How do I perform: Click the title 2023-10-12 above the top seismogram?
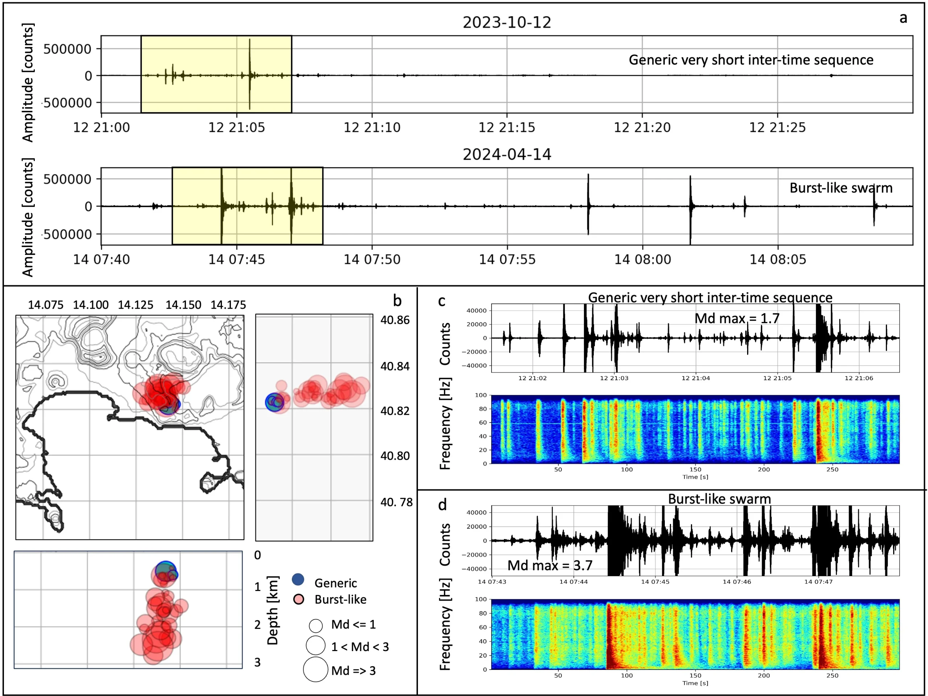pyautogui.click(x=506, y=22)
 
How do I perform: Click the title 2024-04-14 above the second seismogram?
pyautogui.click(x=506, y=154)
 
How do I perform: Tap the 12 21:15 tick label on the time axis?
pyautogui.click(x=507, y=127)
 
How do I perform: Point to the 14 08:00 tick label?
pyautogui.click(x=642, y=259)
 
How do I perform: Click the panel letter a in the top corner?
pyautogui.click(x=903, y=18)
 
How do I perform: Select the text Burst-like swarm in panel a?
pyautogui.click(x=841, y=187)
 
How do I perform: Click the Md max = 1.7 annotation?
pyautogui.click(x=737, y=318)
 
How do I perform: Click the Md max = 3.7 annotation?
pyautogui.click(x=550, y=565)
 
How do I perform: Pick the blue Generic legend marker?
pyautogui.click(x=298, y=579)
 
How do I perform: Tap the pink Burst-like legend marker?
pyautogui.click(x=299, y=599)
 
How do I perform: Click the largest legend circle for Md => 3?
pyautogui.click(x=315, y=669)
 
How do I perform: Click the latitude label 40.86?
pyautogui.click(x=395, y=320)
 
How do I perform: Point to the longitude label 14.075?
pyautogui.click(x=45, y=305)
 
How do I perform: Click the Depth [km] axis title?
pyautogui.click(x=273, y=610)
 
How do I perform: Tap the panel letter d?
pyautogui.click(x=442, y=504)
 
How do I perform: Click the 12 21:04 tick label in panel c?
pyautogui.click(x=696, y=378)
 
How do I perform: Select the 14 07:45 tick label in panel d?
pyautogui.click(x=655, y=582)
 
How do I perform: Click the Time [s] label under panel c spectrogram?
pyautogui.click(x=695, y=477)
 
